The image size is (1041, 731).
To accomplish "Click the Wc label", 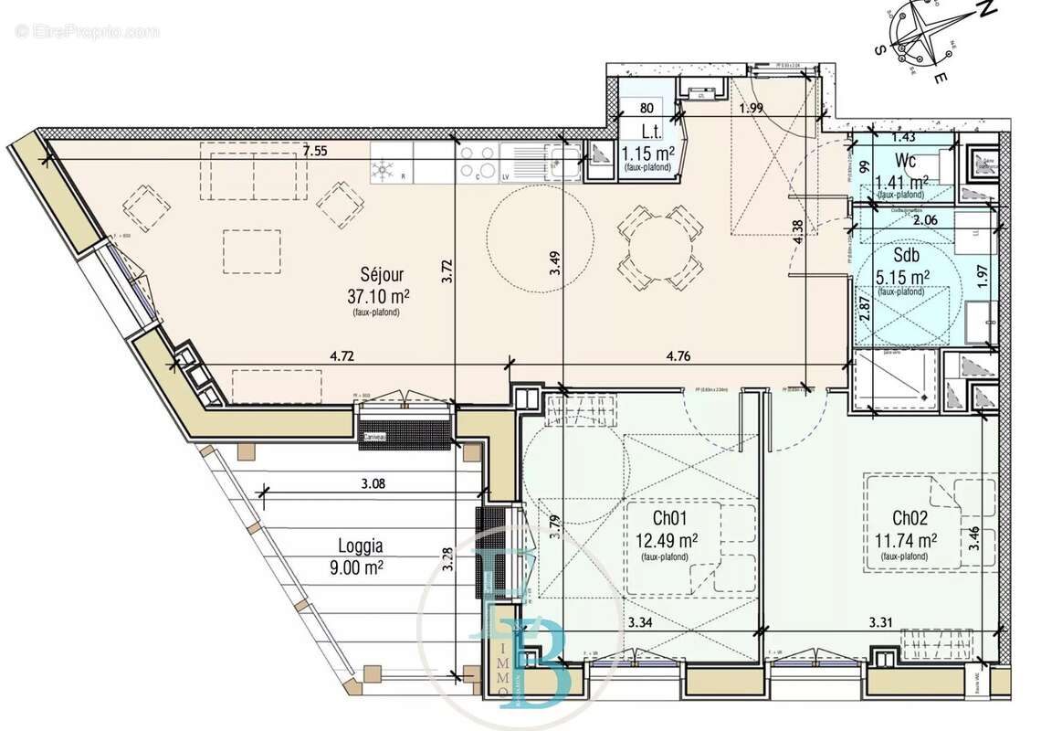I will coord(907,161).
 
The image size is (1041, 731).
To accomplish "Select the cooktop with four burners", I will coord(477,162).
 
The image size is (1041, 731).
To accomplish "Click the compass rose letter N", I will coord(983,12).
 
